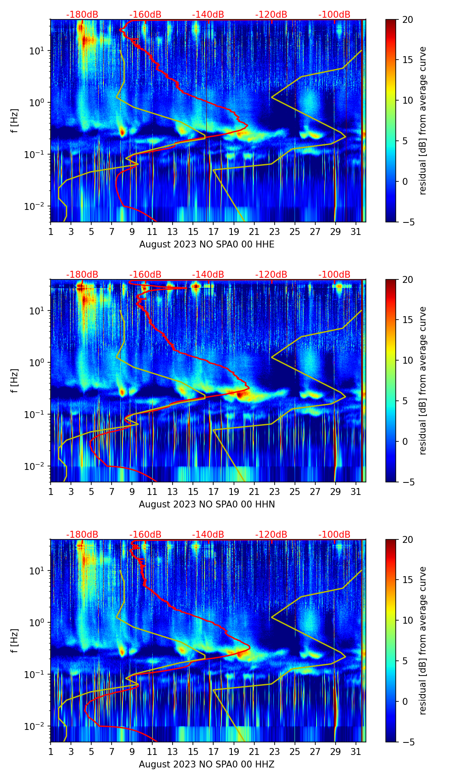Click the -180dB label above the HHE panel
[82, 15]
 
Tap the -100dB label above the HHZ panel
[334, 535]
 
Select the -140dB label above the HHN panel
[208, 275]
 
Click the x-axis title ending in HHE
[207, 244]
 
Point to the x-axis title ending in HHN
[207, 504]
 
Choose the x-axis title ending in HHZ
[207, 764]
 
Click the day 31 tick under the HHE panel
[356, 232]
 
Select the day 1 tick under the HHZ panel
[51, 752]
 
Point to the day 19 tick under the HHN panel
[234, 492]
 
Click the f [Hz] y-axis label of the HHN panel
[15, 380]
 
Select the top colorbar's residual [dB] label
[423, 120]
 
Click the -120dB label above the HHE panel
[271, 15]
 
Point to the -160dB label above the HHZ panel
[145, 535]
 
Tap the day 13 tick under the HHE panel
[173, 232]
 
